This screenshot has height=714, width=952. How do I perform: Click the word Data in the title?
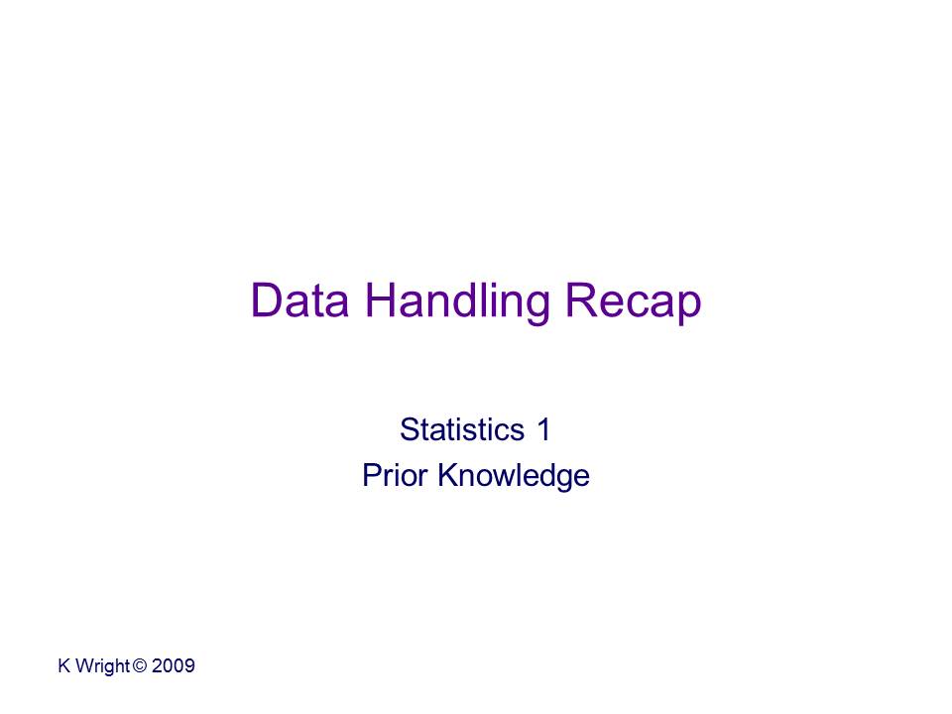tap(299, 299)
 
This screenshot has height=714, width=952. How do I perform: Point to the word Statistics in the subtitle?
tap(462, 429)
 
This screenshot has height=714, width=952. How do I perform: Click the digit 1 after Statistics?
tap(543, 429)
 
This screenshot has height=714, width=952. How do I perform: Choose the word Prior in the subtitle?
tap(395, 475)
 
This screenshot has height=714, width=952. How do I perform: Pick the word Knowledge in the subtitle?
tap(514, 477)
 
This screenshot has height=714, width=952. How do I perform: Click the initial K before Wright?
tap(64, 665)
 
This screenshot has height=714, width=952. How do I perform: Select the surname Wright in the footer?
tap(102, 666)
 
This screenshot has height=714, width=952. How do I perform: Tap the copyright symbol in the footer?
tap(140, 665)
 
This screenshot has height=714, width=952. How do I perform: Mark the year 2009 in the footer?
tap(173, 665)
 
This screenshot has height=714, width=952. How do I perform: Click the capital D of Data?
tap(266, 299)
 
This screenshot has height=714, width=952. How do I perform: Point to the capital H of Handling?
tap(380, 299)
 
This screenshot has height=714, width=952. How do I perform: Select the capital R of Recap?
tap(582, 299)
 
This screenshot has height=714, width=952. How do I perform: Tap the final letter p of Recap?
tap(689, 309)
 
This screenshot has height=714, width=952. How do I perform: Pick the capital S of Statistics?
tap(410, 429)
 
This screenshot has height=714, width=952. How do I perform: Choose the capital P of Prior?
tap(372, 475)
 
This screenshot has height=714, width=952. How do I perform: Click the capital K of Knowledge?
tap(448, 475)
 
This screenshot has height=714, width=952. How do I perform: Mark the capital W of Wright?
tap(85, 665)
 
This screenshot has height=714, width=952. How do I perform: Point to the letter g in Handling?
tap(537, 309)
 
